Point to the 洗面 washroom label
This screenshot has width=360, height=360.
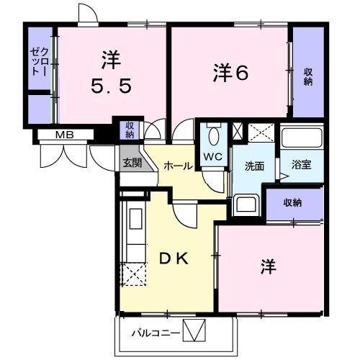coord(254,166)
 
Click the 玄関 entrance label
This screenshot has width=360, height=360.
coord(131,162)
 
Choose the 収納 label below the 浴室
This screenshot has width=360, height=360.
coord(292,202)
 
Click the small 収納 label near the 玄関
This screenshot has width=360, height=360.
coord(130,130)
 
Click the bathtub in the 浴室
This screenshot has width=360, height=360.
coord(302,140)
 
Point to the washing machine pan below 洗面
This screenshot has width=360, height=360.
coord(246,204)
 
